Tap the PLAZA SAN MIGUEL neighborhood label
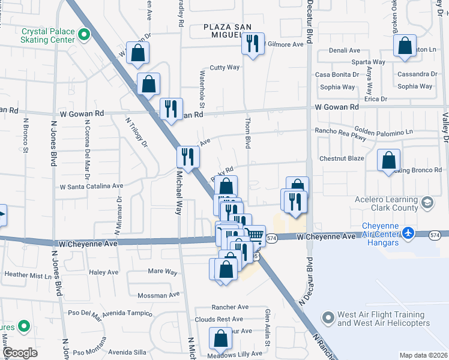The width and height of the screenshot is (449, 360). [230, 27]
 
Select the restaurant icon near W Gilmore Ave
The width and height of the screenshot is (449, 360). [253, 43]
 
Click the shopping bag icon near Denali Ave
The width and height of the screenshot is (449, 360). [405, 45]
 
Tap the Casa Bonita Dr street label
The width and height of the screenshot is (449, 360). [337, 74]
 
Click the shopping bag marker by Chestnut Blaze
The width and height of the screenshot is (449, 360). [388, 160]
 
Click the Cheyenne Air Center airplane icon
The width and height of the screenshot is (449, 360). [409, 232]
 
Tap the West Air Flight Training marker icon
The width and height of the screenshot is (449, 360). [328, 317]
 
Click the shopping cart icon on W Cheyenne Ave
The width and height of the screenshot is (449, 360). [256, 235]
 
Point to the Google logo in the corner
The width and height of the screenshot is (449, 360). [20, 352]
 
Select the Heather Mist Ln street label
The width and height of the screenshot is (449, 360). [28, 275]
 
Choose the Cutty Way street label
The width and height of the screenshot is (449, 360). [224, 68]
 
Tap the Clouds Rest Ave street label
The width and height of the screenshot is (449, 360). [218, 319]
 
